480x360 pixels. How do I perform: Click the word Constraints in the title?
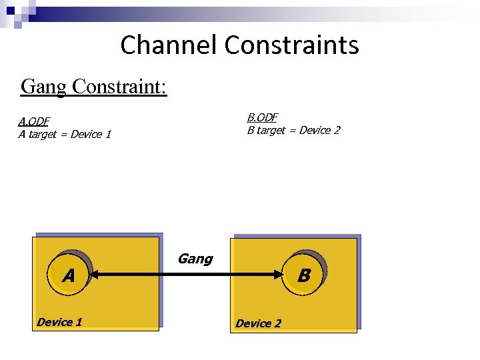pyautogui.click(x=291, y=45)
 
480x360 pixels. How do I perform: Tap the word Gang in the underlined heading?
pyautogui.click(x=43, y=87)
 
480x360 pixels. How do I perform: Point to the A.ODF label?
pyautogui.click(x=33, y=121)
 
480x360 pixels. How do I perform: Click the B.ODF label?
pyautogui.click(x=262, y=117)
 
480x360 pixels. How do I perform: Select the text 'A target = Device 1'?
pyautogui.click(x=64, y=134)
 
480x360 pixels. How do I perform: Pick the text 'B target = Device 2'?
pyautogui.click(x=293, y=130)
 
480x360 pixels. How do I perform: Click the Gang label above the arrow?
pyautogui.click(x=195, y=259)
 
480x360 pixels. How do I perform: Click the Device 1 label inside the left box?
pyautogui.click(x=59, y=322)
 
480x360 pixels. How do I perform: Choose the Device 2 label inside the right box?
pyautogui.click(x=258, y=323)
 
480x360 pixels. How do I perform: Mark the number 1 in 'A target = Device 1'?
pyautogui.click(x=107, y=134)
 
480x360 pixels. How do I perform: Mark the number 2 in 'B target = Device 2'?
pyautogui.click(x=336, y=130)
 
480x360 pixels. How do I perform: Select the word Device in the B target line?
pyautogui.click(x=314, y=130)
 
